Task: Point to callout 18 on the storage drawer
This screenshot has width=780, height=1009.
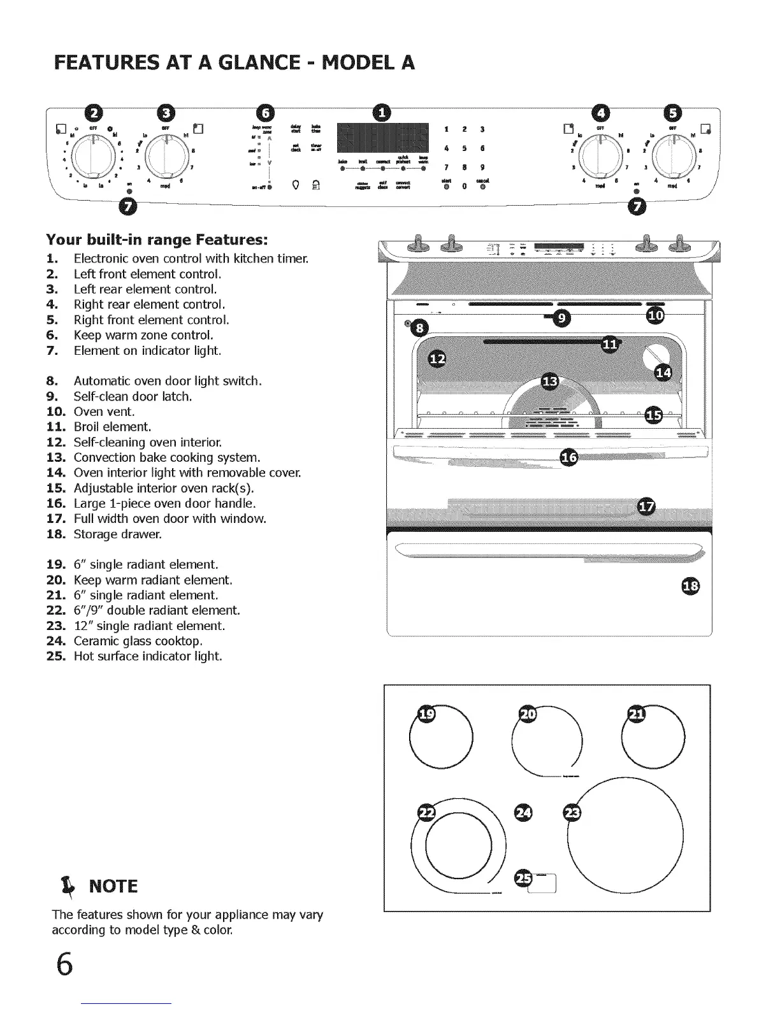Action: pos(690,585)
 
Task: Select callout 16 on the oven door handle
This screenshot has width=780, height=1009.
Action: pos(568,457)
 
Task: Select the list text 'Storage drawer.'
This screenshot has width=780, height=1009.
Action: pos(118,534)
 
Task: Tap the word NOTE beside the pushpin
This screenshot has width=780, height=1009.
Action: pos(113,886)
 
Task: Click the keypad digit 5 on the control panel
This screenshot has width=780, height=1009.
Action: pos(465,148)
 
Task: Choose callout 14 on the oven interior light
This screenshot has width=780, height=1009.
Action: pos(663,373)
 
